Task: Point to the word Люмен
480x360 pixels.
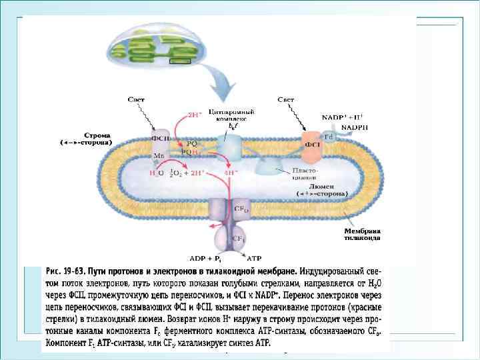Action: coord(325,186)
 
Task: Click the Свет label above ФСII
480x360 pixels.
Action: coord(139,99)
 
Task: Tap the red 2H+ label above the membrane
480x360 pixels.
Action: coord(194,114)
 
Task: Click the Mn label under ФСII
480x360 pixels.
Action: coord(159,155)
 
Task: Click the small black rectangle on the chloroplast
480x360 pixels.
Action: coord(180,62)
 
